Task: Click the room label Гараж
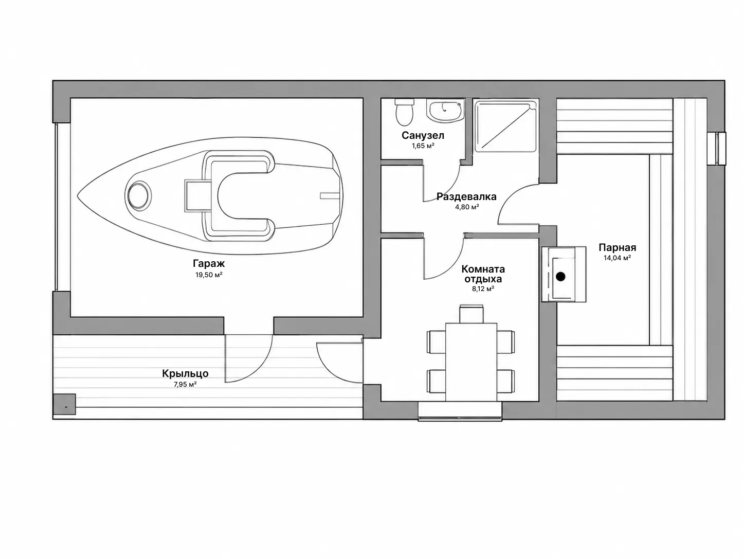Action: click(x=209, y=263)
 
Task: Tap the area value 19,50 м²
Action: click(x=209, y=275)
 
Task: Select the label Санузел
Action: click(x=423, y=135)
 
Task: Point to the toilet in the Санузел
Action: click(x=404, y=112)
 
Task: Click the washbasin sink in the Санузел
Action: click(x=445, y=110)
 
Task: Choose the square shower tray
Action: click(x=505, y=125)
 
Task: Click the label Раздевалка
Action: click(x=466, y=196)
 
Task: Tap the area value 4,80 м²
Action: click(x=467, y=207)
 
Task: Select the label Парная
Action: click(x=617, y=247)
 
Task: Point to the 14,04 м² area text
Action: click(x=617, y=258)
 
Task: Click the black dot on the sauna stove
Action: click(x=561, y=277)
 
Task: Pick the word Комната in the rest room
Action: click(x=483, y=269)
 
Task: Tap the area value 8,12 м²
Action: click(x=483, y=289)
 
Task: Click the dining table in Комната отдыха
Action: click(x=471, y=362)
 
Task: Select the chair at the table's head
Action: click(x=471, y=314)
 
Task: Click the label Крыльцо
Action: click(x=185, y=373)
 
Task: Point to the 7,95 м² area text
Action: click(x=185, y=385)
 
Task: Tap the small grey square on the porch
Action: click(x=64, y=404)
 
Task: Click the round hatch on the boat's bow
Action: click(x=138, y=195)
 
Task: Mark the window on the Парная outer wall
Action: click(x=717, y=149)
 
